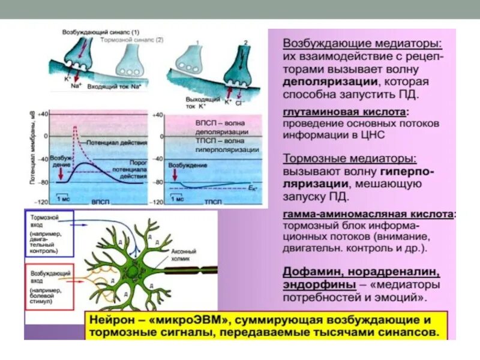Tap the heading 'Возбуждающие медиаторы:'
pos(364,44)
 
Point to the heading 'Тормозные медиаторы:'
pos(350,159)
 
